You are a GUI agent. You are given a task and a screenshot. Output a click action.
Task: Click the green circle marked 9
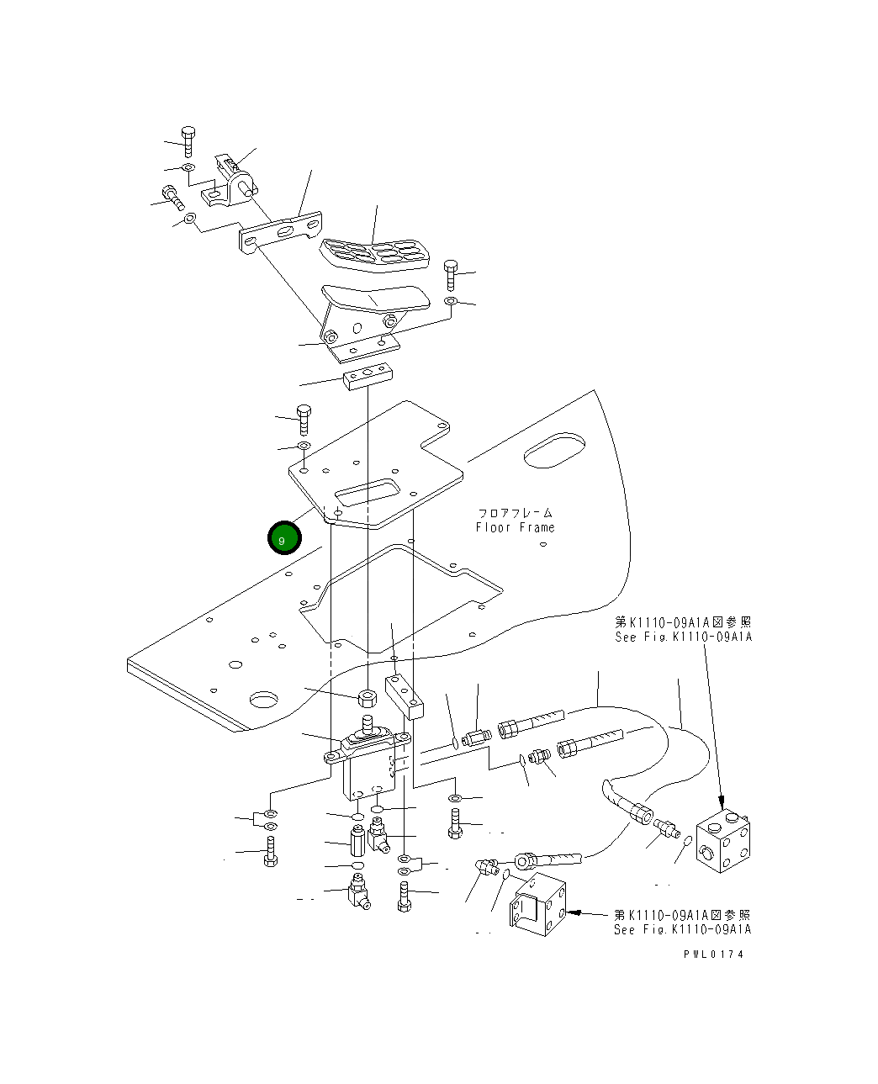283,538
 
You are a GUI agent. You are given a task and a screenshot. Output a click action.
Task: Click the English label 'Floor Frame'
515,527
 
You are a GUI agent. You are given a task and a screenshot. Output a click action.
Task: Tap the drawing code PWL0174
713,954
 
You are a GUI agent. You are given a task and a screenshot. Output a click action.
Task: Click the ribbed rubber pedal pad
375,252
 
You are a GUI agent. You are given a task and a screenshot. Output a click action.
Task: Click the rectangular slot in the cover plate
367,492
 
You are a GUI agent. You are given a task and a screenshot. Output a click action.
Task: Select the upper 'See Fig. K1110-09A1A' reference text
683,637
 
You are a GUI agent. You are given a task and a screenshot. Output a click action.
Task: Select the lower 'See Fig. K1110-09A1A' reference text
682,929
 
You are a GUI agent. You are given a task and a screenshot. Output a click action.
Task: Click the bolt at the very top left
188,140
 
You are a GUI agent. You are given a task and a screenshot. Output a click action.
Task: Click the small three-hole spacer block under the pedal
368,374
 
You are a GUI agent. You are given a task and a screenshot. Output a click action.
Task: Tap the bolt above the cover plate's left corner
304,419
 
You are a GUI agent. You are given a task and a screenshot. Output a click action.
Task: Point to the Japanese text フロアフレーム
516,512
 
